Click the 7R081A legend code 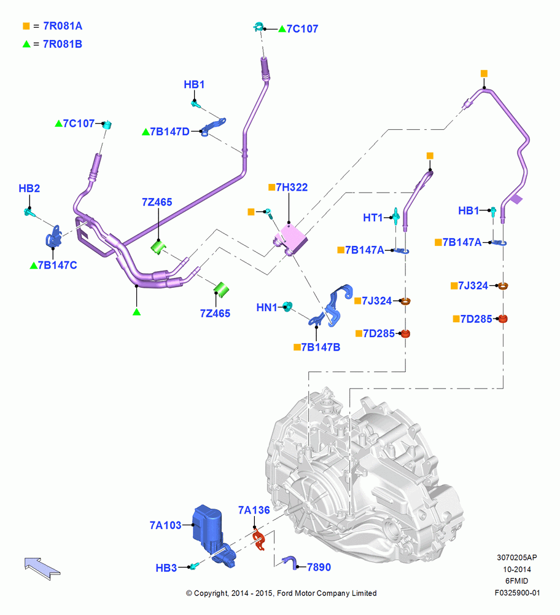pyautogui.click(x=63, y=26)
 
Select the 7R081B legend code pyautogui.click(x=63, y=44)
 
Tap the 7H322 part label pyautogui.click(x=292, y=188)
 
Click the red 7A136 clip pyautogui.click(x=258, y=539)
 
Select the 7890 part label pyautogui.click(x=319, y=567)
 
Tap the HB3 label pyautogui.click(x=166, y=568)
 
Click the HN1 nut pyautogui.click(x=287, y=306)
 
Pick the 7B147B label pyautogui.click(x=321, y=347)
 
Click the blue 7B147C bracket pyautogui.click(x=54, y=237)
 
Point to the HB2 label pyautogui.click(x=29, y=188)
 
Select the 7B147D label pyautogui.click(x=170, y=132)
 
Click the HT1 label pyautogui.click(x=373, y=218)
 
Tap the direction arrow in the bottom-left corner pyautogui.click(x=42, y=568)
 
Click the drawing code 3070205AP pyautogui.click(x=517, y=557)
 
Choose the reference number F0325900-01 pyautogui.click(x=517, y=593)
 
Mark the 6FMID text pyautogui.click(x=517, y=581)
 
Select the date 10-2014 pyautogui.click(x=517, y=569)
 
